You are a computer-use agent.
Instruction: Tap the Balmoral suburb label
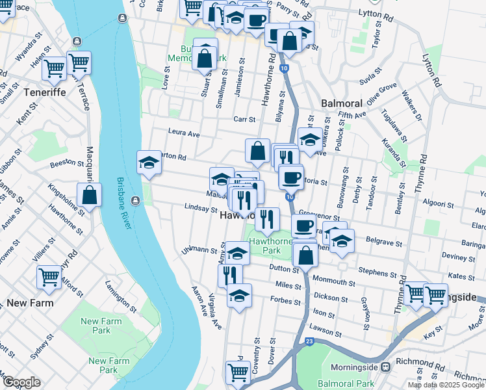[342, 104]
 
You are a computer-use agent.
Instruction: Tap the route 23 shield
[309, 341]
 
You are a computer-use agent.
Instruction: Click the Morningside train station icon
[386, 367]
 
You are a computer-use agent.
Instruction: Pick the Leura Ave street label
[184, 133]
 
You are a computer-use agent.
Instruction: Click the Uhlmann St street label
[195, 250]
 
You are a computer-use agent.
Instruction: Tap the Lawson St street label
[326, 331]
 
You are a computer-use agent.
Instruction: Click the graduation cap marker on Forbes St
[239, 296]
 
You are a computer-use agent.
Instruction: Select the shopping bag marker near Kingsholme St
[89, 194]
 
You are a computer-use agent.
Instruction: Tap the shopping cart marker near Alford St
[49, 277]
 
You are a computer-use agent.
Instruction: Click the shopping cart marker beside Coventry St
[238, 372]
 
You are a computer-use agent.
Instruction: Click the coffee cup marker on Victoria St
[290, 176]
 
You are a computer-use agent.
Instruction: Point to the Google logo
[21, 382]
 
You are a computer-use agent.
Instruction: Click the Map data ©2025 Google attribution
[445, 385]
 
